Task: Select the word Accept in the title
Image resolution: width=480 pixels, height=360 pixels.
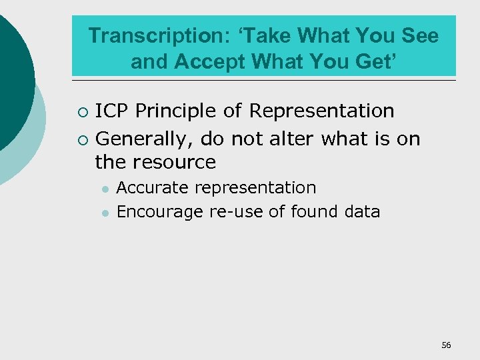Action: pos(211,62)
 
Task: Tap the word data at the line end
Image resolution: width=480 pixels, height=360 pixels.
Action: pos(363,212)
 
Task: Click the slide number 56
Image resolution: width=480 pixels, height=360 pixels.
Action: pos(446,345)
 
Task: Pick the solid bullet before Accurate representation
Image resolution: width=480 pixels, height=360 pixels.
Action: pos(105,189)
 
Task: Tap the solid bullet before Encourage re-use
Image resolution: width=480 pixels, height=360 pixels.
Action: pos(105,213)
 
